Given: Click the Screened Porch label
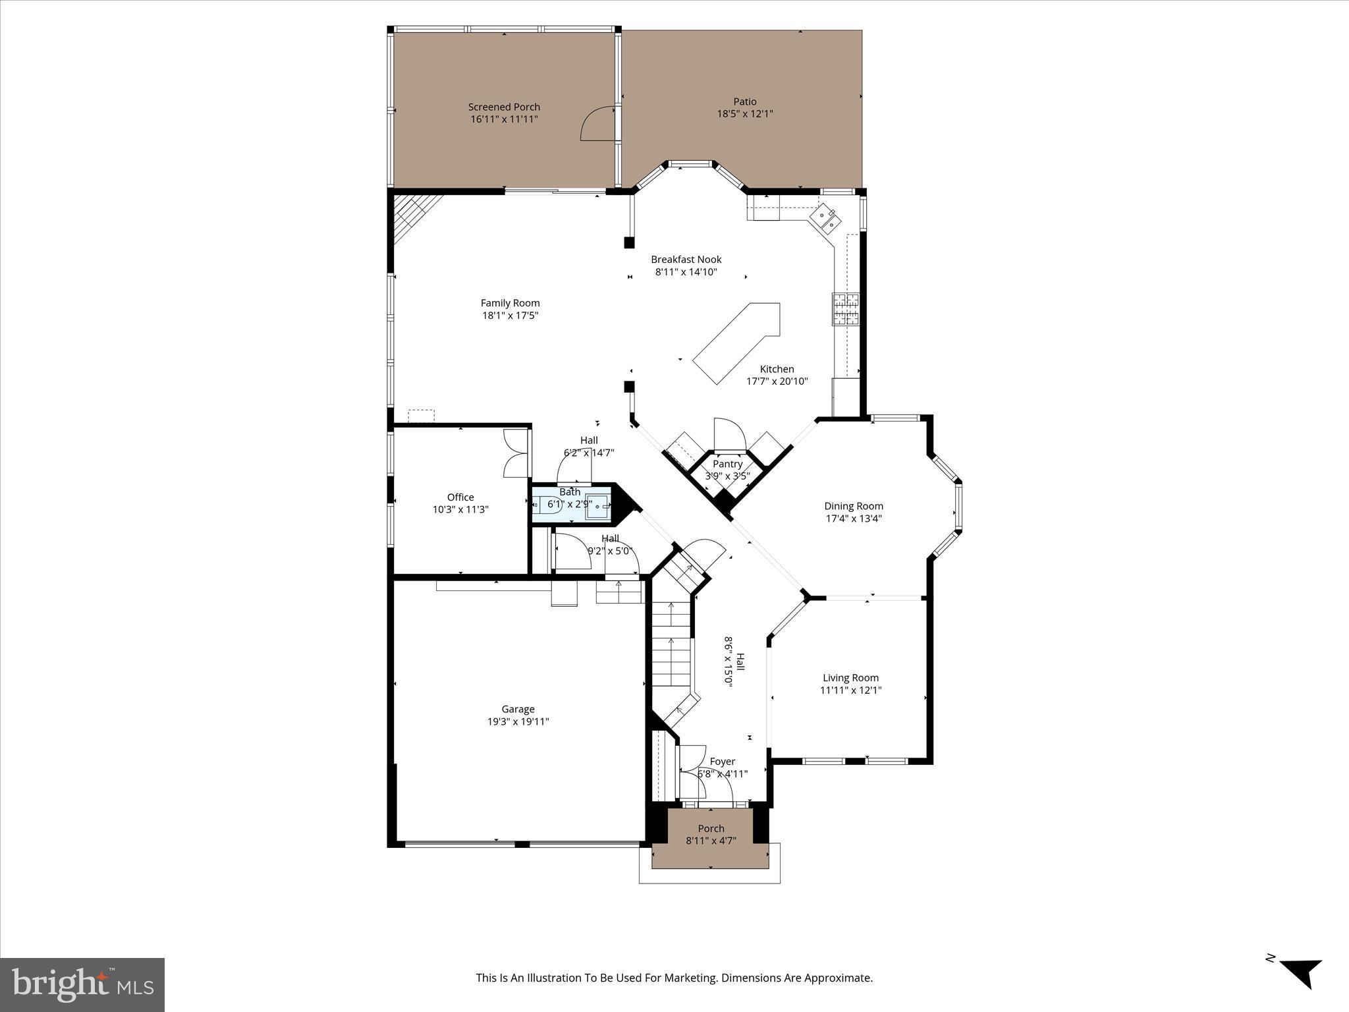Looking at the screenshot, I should click(504, 107).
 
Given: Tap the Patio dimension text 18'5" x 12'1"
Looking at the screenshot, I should click(744, 113).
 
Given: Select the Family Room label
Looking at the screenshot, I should click(510, 303).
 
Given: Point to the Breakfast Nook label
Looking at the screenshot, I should click(686, 260).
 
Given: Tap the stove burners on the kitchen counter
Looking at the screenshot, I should click(846, 309).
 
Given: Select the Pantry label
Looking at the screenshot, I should click(727, 464).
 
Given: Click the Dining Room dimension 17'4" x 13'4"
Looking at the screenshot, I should click(853, 519).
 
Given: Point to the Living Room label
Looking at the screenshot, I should click(850, 677).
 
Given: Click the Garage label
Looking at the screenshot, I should click(518, 709).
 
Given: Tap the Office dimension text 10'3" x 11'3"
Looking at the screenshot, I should click(460, 509).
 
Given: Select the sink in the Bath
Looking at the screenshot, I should click(599, 505).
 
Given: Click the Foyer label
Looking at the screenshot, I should click(722, 762).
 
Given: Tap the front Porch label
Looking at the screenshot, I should click(711, 828).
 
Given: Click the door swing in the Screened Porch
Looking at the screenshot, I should click(596, 125).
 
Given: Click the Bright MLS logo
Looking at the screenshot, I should click(82, 984).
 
